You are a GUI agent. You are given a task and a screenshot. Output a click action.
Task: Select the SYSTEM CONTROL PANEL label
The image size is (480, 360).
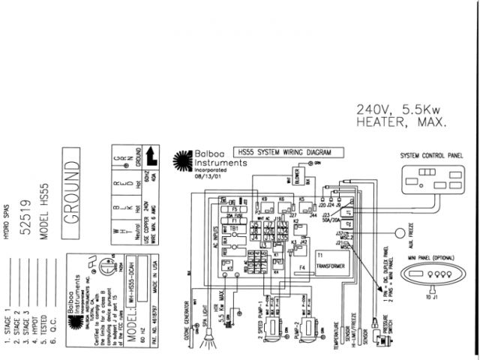coord(432,156)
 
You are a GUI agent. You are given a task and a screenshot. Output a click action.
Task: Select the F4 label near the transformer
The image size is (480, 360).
coord(301,267)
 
